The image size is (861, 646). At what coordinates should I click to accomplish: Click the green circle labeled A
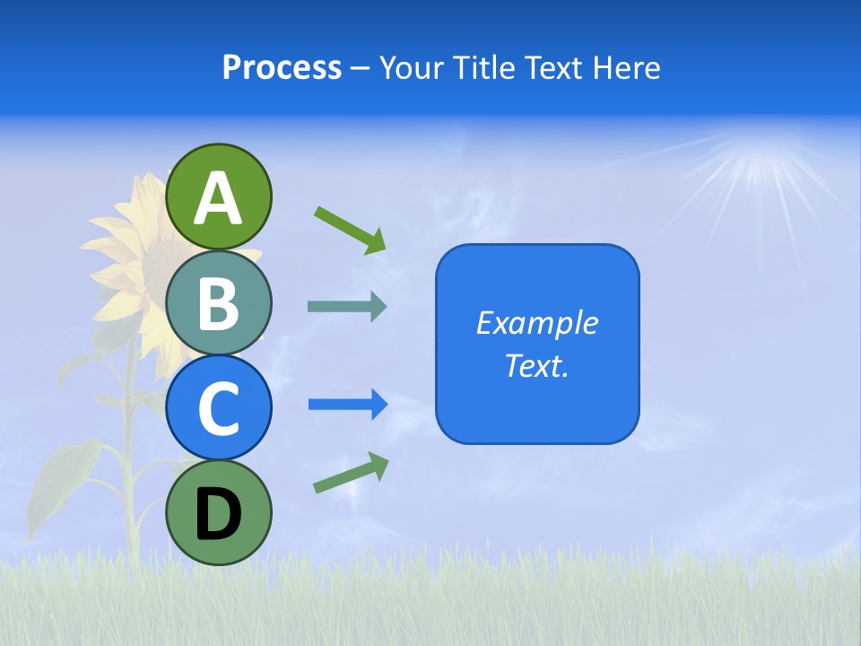219,196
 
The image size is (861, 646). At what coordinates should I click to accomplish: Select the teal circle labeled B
219,302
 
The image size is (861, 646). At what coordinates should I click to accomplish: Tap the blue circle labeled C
219,407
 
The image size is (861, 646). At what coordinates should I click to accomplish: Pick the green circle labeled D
219,512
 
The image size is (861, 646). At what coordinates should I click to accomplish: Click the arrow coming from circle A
350,230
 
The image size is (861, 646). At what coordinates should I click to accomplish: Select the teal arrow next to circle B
347,307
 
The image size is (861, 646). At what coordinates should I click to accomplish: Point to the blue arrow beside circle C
347,405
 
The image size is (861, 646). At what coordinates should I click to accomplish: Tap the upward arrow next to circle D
351,474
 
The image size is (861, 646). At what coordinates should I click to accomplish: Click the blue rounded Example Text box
537,344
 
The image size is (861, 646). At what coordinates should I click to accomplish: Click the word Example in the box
537,323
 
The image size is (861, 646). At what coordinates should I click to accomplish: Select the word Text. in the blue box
537,365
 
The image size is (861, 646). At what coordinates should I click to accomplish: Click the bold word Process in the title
282,68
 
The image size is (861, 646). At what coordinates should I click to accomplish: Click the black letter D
219,515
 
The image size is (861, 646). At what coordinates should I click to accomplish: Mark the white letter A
219,198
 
